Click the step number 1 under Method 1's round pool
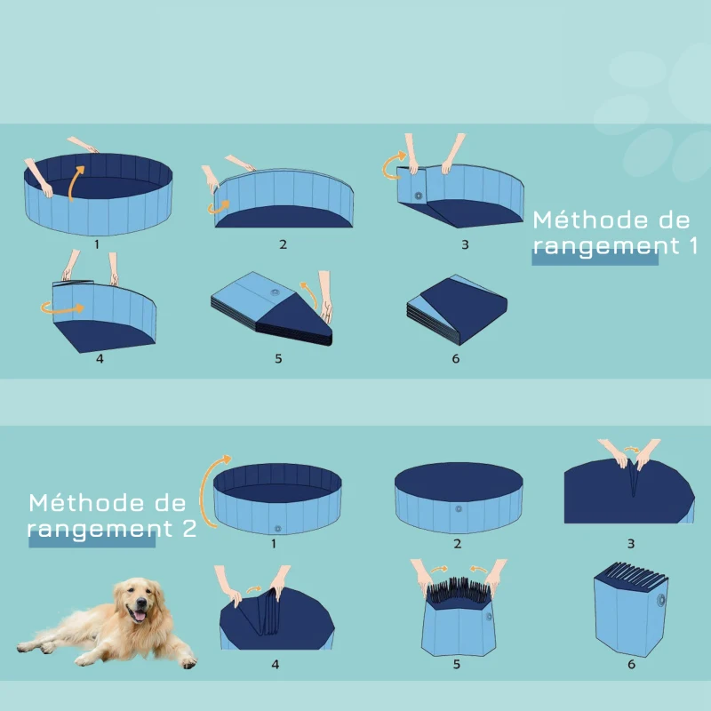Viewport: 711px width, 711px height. point(96,241)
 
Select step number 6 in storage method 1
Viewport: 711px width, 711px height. point(455,358)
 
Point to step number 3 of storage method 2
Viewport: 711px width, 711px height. point(630,542)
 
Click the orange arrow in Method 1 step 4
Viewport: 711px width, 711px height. point(60,308)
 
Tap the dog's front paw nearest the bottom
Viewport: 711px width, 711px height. point(188,661)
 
